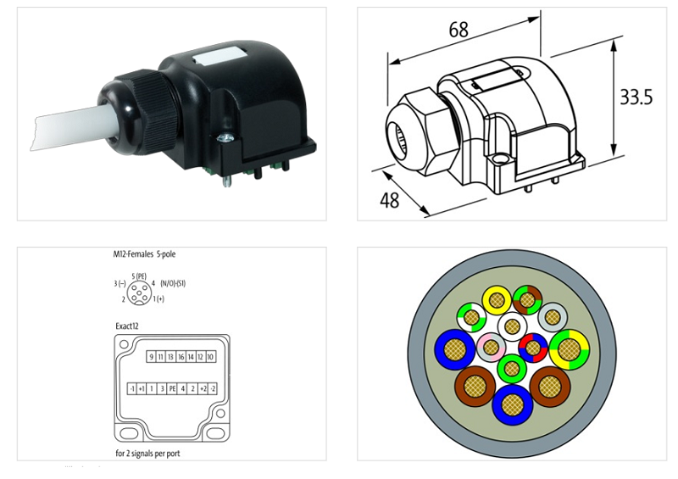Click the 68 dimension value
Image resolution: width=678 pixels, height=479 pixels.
coord(458,31)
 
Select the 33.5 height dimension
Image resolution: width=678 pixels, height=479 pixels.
coord(636,97)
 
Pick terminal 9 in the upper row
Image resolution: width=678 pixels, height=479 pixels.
coord(151,357)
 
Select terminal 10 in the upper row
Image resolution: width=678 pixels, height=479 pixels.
coord(209,357)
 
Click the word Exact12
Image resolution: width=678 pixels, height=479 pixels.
coord(128,325)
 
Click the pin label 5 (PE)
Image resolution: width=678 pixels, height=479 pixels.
coord(140,277)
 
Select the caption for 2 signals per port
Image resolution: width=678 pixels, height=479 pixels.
coord(147,453)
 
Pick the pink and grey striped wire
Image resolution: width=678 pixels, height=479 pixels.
coord(491,348)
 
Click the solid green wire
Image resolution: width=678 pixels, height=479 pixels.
coord(512,369)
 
